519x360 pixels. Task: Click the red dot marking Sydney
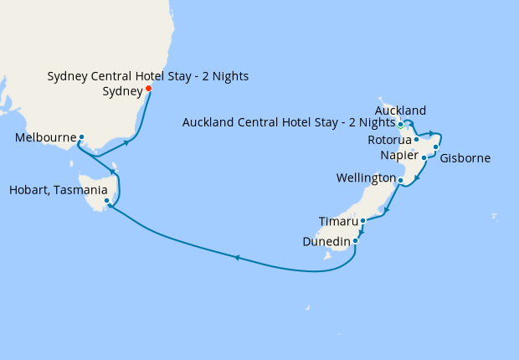click(148, 88)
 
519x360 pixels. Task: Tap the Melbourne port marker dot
click(81, 136)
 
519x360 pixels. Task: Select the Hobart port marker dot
click(106, 201)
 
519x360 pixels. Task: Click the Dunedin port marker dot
click(356, 241)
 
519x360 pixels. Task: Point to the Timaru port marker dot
click(362, 221)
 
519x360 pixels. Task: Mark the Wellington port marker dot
click(400, 180)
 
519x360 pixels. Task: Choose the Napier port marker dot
click(424, 157)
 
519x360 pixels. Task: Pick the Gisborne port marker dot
click(436, 147)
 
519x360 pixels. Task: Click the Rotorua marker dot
click(416, 139)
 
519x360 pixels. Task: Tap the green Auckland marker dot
click(401, 125)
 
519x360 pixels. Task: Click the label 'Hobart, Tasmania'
click(52, 191)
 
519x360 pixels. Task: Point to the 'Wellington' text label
click(365, 178)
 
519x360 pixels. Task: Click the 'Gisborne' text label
click(465, 158)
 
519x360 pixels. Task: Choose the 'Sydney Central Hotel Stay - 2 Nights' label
click(147, 76)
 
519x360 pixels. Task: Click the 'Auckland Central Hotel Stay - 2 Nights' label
click(289, 124)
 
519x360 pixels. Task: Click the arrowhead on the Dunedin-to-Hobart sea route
click(237, 257)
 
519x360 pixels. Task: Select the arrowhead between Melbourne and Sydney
click(126, 142)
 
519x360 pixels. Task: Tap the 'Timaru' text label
click(339, 222)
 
